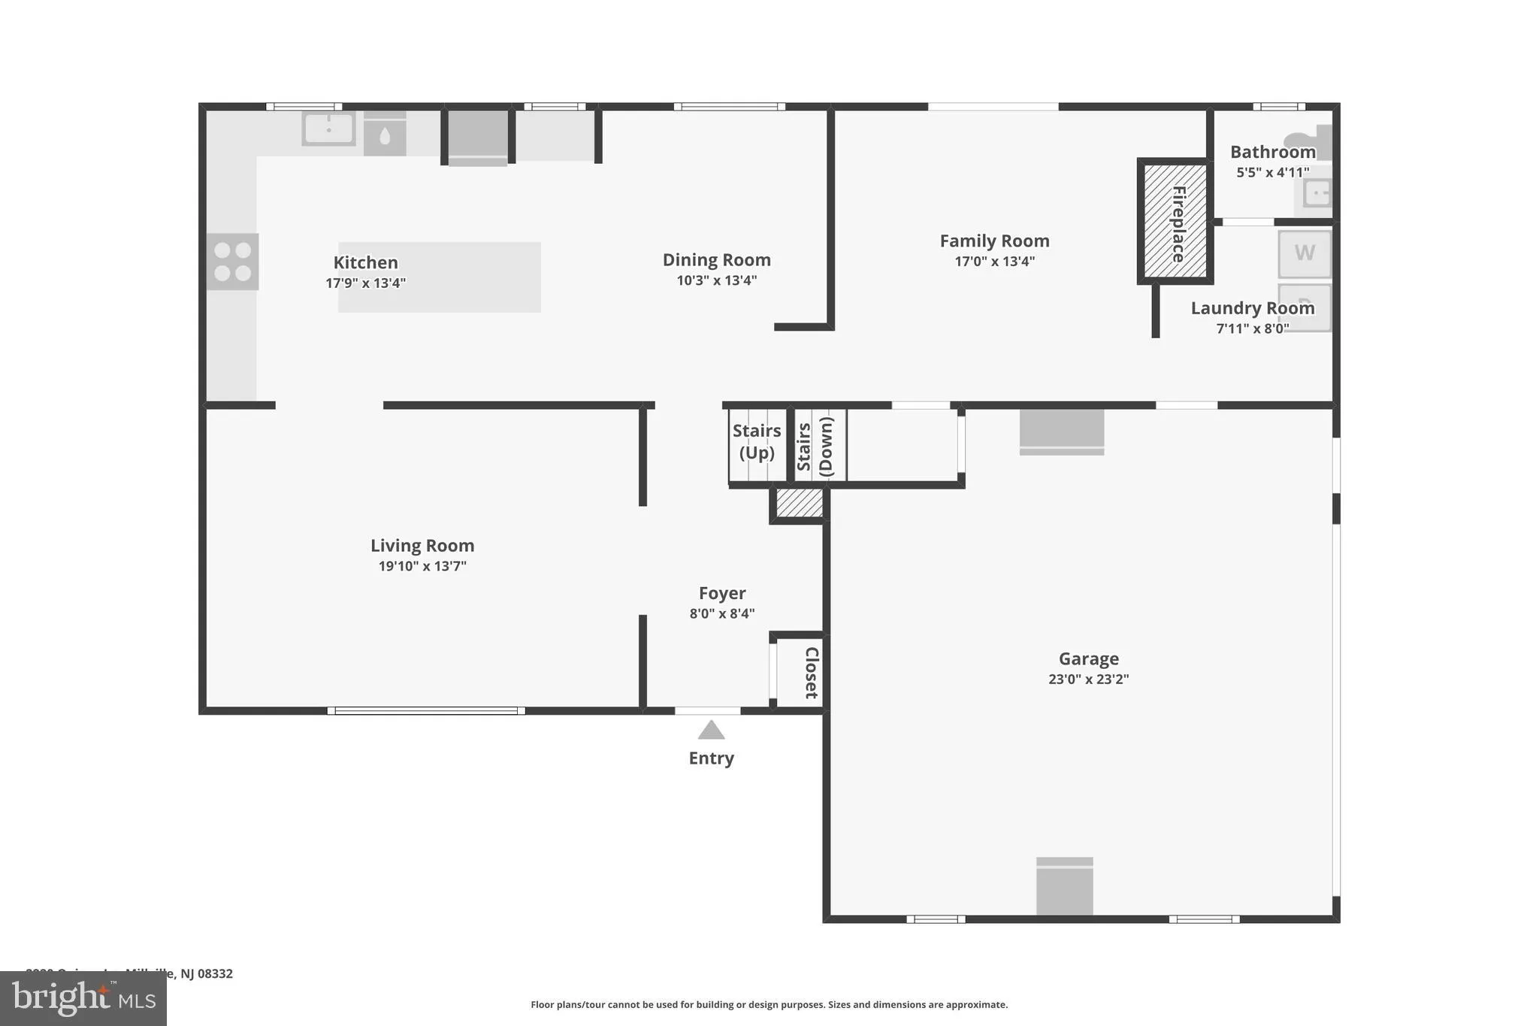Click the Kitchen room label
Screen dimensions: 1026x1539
tap(365, 262)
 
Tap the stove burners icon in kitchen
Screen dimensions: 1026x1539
tap(233, 262)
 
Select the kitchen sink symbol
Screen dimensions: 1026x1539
tap(328, 129)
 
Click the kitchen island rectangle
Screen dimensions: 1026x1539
tap(439, 277)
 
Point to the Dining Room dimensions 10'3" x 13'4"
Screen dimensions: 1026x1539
tap(716, 280)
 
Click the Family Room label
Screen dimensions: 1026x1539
tap(994, 241)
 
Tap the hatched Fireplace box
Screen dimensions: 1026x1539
tap(1175, 221)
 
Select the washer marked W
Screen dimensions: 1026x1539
tap(1305, 253)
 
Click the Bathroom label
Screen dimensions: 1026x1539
tap(1272, 152)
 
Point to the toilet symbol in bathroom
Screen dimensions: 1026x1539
tap(1311, 142)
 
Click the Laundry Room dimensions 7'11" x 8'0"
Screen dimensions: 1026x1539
tap(1252, 328)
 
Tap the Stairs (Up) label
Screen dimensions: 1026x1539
tap(757, 441)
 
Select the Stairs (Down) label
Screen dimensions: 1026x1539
tap(815, 446)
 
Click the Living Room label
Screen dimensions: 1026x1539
tap(422, 546)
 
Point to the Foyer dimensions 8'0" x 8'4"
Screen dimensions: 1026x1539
tap(721, 613)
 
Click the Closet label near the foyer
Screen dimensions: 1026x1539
tap(812, 673)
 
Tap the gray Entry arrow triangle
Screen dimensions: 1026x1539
tap(711, 731)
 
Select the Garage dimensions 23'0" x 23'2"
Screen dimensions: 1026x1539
tap(1088, 679)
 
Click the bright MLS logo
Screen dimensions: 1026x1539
tap(83, 998)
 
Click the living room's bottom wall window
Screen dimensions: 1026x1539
tap(426, 710)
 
